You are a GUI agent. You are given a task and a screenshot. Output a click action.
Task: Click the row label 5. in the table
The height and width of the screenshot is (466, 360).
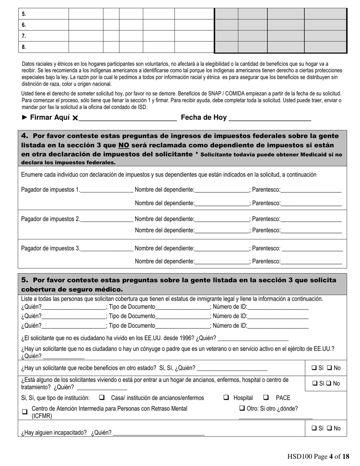pyautogui.click(x=24, y=14)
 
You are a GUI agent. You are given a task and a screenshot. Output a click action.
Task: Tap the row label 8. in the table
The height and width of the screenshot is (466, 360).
pyautogui.click(x=24, y=47)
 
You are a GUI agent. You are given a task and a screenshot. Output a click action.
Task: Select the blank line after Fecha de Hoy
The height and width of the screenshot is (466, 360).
pyautogui.click(x=270, y=118)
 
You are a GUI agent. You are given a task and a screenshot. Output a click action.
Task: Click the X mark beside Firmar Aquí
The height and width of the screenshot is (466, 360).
pyautogui.click(x=75, y=118)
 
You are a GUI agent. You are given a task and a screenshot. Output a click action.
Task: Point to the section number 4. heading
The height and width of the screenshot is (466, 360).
pyautogui.click(x=25, y=136)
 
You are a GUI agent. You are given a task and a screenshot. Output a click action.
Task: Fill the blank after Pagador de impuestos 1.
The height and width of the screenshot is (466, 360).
pyautogui.click(x=106, y=190)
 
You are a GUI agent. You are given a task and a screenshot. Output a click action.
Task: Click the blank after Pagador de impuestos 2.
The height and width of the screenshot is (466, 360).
pyautogui.click(x=106, y=219)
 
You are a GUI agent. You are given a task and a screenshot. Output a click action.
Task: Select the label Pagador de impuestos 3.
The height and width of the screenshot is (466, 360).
pyautogui.click(x=50, y=249)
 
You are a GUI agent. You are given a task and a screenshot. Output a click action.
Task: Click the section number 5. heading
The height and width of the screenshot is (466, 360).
pyautogui.click(x=25, y=280)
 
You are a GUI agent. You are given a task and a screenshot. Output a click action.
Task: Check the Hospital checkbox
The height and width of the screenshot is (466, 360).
pyautogui.click(x=226, y=397)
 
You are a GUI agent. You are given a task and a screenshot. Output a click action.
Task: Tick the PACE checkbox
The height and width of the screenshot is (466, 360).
pyautogui.click(x=266, y=397)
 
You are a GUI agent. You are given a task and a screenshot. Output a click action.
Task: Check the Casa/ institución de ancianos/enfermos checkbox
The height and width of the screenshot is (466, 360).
pyautogui.click(x=102, y=397)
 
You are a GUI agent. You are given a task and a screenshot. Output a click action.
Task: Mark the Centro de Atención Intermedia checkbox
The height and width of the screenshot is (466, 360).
pyautogui.click(x=25, y=412)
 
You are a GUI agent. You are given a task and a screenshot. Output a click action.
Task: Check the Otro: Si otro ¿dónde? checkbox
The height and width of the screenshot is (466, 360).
pyautogui.click(x=242, y=408)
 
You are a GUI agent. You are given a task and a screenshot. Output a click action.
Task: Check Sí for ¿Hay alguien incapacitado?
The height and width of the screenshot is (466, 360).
pyautogui.click(x=314, y=428)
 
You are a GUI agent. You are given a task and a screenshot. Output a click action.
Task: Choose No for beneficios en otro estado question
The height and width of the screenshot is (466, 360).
pyautogui.click(x=329, y=367)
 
